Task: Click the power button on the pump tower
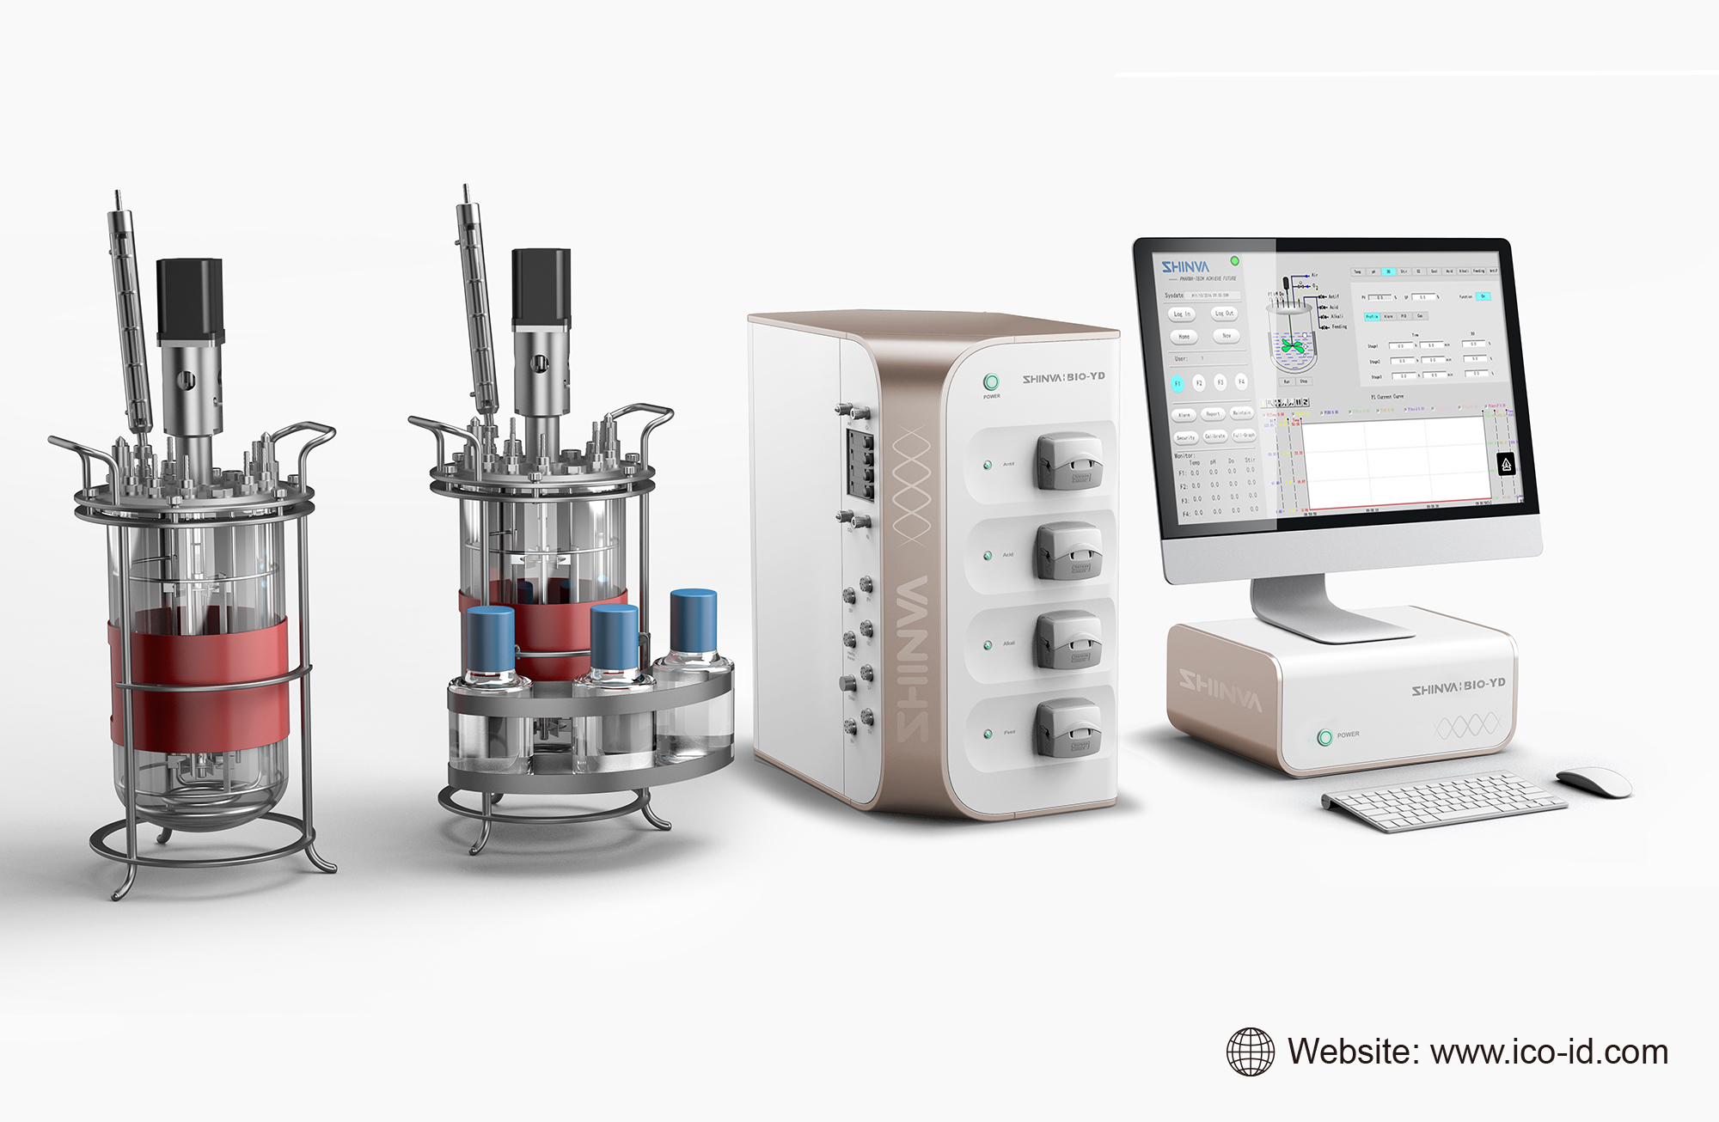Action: [x=991, y=381]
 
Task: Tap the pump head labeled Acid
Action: [x=1067, y=551]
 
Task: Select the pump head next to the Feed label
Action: [x=1067, y=729]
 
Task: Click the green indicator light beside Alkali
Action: [x=988, y=644]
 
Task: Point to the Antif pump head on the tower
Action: [x=1067, y=461]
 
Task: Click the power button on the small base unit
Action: [x=1324, y=736]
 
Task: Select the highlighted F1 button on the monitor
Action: [x=1178, y=383]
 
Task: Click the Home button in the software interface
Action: [x=1184, y=337]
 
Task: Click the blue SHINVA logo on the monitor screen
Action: [x=1185, y=267]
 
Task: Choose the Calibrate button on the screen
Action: [x=1214, y=436]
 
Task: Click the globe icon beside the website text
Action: [x=1250, y=1052]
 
